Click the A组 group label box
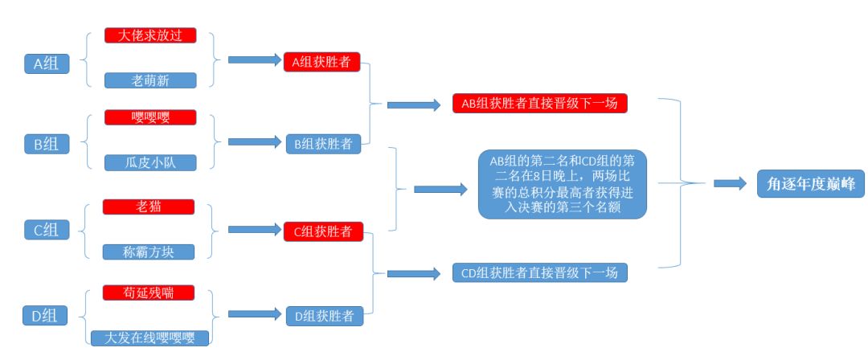pyautogui.click(x=47, y=63)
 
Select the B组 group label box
pyautogui.click(x=47, y=144)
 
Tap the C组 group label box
pyautogui.click(x=47, y=230)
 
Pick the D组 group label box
pyautogui.click(x=47, y=315)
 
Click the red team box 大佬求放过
pyautogui.click(x=150, y=36)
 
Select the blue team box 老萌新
pyautogui.click(x=150, y=80)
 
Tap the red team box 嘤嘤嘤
pyautogui.click(x=150, y=117)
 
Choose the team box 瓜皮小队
pyautogui.click(x=150, y=162)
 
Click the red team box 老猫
pyautogui.click(x=149, y=207)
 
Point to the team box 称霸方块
pyautogui.click(x=149, y=252)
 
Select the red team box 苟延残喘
pyautogui.click(x=149, y=292)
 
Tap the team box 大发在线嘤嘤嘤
pyautogui.click(x=150, y=337)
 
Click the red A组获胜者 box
pyautogui.click(x=321, y=62)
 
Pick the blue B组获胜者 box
pyautogui.click(x=321, y=144)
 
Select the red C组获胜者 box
pyautogui.click(x=321, y=231)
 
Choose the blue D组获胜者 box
pyautogui.click(x=321, y=316)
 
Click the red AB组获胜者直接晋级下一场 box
pyautogui.click(x=539, y=104)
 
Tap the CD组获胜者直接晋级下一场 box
pyautogui.click(x=539, y=272)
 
